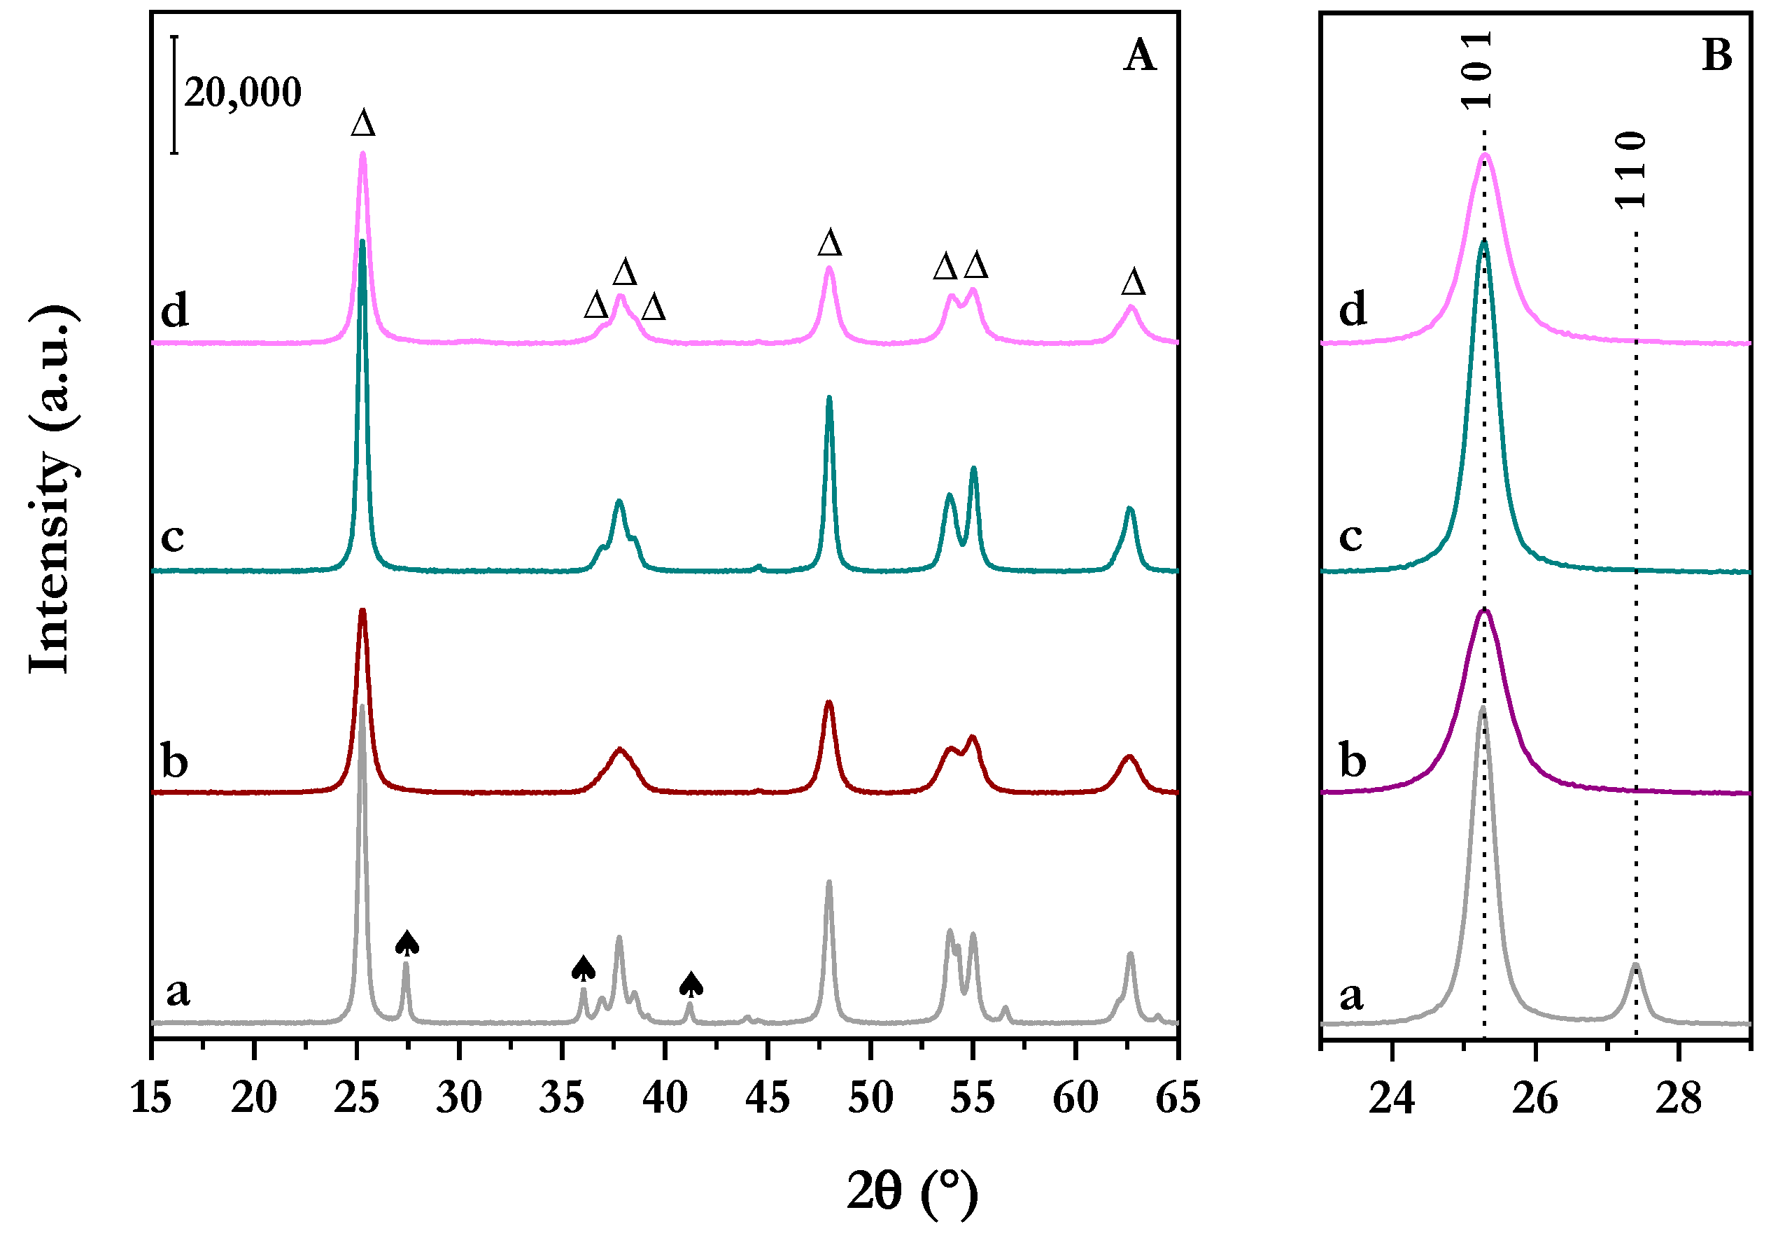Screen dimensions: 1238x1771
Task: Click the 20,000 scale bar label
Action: click(x=242, y=92)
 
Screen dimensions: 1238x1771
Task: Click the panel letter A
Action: click(x=1139, y=55)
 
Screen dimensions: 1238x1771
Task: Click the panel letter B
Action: click(x=1717, y=55)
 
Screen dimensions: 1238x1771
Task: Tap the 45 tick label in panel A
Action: click(x=768, y=1097)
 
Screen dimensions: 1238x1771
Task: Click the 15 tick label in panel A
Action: click(x=151, y=1097)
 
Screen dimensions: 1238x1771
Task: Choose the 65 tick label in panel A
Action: click(x=1178, y=1097)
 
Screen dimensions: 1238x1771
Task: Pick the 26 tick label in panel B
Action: click(x=1535, y=1097)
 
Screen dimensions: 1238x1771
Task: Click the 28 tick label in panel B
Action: click(x=1679, y=1097)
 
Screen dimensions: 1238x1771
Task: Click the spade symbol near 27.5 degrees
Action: click(x=407, y=943)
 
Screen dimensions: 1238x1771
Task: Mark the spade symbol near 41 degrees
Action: click(x=691, y=984)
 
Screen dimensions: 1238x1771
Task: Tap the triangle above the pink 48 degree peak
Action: click(x=830, y=243)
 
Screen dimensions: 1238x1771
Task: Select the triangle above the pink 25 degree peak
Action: click(x=363, y=123)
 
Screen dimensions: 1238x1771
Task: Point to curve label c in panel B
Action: click(x=1350, y=535)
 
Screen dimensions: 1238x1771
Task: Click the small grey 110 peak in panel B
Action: click(x=1635, y=967)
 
